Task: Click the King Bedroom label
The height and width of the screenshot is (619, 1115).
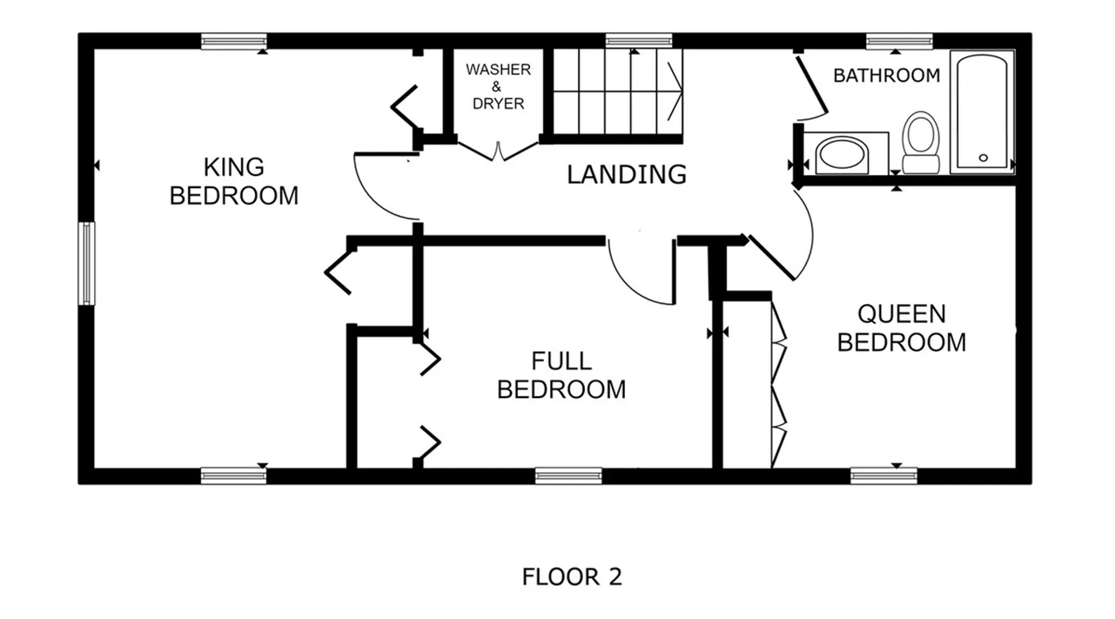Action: click(x=234, y=181)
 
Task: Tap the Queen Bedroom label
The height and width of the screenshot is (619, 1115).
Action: click(x=901, y=328)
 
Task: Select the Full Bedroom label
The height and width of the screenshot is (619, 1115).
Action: click(x=561, y=375)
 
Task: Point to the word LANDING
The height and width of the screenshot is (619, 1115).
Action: click(x=626, y=175)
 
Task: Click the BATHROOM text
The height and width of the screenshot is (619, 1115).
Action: click(x=886, y=76)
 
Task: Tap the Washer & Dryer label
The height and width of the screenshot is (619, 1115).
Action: click(x=498, y=87)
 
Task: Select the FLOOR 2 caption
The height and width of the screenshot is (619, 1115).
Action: click(x=571, y=577)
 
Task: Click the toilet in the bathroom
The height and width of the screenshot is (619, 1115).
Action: click(x=920, y=142)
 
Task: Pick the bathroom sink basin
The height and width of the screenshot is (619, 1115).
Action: click(x=841, y=154)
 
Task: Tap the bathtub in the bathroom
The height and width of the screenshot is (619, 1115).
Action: click(x=982, y=111)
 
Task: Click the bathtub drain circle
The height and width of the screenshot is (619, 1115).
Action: click(x=983, y=158)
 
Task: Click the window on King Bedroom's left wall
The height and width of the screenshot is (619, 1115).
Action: click(x=86, y=264)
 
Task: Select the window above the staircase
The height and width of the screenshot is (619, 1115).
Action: click(x=639, y=41)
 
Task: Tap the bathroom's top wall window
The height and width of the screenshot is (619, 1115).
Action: click(x=899, y=41)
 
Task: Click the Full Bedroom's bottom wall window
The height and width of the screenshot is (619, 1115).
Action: click(x=568, y=475)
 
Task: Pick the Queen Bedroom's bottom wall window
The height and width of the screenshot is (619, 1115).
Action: click(x=883, y=475)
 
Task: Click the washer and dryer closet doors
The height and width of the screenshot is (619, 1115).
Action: click(x=498, y=151)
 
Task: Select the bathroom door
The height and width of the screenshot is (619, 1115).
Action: click(x=811, y=87)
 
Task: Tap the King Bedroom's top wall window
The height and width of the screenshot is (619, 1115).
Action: click(x=234, y=41)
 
